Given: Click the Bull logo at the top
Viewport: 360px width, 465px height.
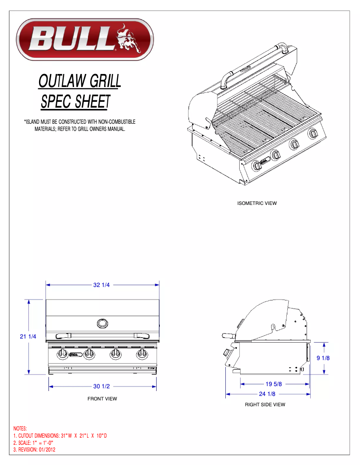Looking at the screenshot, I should pyautogui.click(x=85, y=39).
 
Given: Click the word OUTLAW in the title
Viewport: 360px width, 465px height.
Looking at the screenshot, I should pyautogui.click(x=63, y=81).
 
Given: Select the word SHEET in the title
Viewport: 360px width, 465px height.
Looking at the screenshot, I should pyautogui.click(x=92, y=102).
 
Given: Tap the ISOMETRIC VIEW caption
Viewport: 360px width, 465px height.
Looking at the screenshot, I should pyautogui.click(x=257, y=203).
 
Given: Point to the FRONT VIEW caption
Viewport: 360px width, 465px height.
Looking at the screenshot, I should pyautogui.click(x=102, y=399).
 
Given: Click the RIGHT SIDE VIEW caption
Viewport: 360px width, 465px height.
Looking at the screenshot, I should pyautogui.click(x=265, y=404).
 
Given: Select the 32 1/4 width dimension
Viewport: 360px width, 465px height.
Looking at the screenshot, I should pyautogui.click(x=102, y=285).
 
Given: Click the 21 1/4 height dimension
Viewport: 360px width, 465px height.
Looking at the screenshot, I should pyautogui.click(x=28, y=336).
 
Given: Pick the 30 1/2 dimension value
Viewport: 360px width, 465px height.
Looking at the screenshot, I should pyautogui.click(x=102, y=386).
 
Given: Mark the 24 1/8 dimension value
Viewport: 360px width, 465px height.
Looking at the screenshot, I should pyautogui.click(x=268, y=394).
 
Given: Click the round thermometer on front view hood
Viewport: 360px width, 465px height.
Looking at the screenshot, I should pyautogui.click(x=102, y=323).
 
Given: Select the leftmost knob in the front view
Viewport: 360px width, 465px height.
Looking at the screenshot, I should pyautogui.click(x=62, y=355).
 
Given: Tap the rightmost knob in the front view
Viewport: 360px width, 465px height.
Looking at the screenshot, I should pyautogui.click(x=143, y=355).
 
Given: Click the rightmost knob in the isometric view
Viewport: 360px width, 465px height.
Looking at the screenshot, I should pyautogui.click(x=312, y=134).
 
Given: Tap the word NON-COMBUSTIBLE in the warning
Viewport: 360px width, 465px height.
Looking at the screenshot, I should pyautogui.click(x=116, y=122).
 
